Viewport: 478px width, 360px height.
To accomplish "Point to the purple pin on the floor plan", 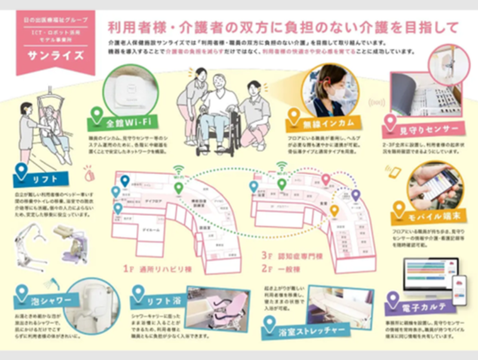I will (x=356, y=195).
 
